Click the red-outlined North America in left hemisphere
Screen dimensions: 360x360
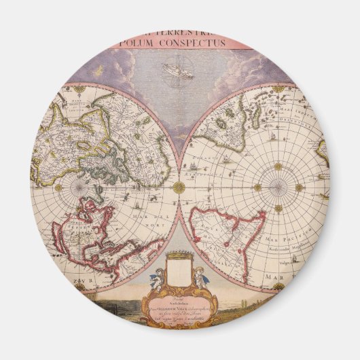click(x=102, y=231)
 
